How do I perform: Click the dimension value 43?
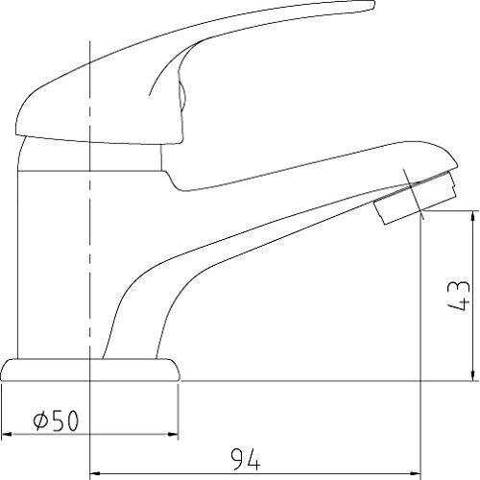(459, 296)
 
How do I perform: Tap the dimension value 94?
(246, 459)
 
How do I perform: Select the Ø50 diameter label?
(56, 420)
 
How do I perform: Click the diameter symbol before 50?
(40, 420)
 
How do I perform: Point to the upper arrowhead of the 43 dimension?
(472, 216)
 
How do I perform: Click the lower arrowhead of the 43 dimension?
(472, 375)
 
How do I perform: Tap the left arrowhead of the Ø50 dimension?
(7, 434)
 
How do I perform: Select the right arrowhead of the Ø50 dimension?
(173, 434)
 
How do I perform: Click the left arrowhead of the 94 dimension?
(95, 473)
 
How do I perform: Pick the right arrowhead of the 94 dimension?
(416, 473)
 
